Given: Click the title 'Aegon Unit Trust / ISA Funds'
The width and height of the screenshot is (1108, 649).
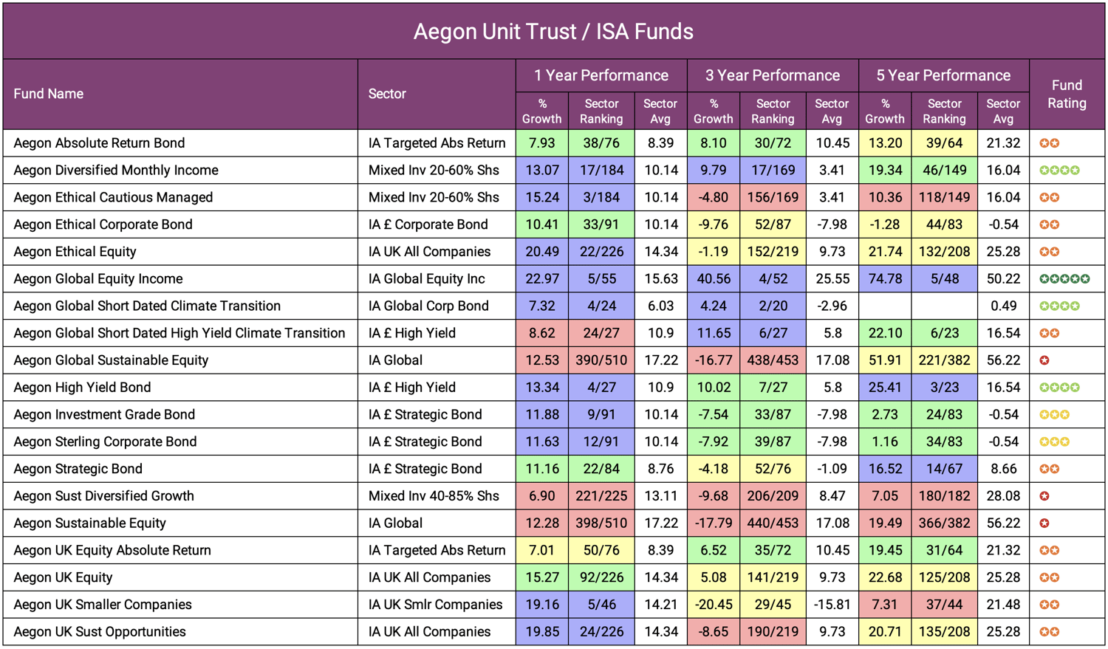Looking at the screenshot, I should pos(553,32).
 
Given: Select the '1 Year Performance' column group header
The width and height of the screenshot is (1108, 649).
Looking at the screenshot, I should pos(601,75).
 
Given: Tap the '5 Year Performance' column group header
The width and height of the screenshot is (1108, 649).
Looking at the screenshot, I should pos(943,75).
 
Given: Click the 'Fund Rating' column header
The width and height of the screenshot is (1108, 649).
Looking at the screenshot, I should pos(1067,95).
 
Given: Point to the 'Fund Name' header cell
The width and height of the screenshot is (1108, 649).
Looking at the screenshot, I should pos(49,95).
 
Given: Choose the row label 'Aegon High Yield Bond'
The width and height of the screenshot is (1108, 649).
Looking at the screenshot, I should pos(82,388).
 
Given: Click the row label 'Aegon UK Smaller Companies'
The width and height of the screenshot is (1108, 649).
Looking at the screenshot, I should pos(103,605).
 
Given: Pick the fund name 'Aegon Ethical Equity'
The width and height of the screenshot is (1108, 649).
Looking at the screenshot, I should pos(75,252).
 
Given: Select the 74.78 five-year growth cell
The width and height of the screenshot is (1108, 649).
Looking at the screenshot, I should pos(884,279).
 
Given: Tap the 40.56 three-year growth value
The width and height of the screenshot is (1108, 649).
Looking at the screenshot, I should pos(713,279).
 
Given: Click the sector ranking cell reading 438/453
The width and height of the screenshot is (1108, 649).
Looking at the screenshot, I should pos(773,360).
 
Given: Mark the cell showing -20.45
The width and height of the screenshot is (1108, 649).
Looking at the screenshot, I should pos(713,605).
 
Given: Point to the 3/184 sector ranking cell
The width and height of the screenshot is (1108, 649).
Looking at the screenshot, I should pos(601,197).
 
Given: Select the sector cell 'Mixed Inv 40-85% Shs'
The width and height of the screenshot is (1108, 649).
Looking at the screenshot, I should pos(434,496).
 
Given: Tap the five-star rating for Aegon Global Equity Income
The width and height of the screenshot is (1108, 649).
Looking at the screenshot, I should pos(1064,279).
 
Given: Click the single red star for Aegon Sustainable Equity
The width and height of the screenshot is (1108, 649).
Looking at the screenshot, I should pos(1044,523).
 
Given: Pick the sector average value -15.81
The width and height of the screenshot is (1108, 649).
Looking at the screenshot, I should pos(832,605).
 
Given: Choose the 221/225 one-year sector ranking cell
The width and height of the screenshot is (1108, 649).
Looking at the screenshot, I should pos(601,496).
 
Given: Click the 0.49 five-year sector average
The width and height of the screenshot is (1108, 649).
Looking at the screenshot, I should pos(1003,306).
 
